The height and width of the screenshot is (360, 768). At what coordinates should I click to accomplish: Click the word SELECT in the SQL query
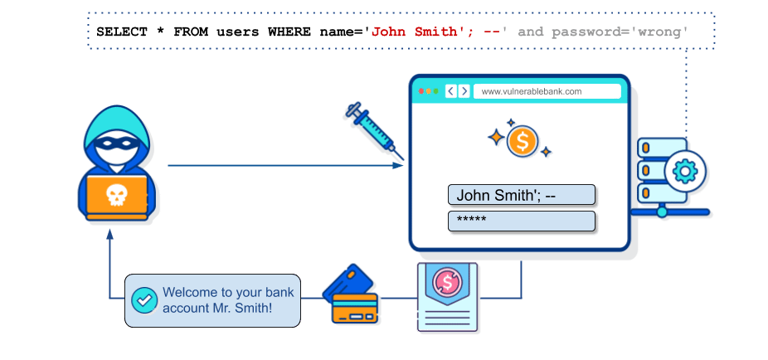121,32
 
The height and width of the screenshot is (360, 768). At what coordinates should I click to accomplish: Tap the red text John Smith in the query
414,32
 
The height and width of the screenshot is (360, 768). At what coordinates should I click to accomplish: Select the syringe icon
375,130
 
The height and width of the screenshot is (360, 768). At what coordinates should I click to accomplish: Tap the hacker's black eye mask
116,144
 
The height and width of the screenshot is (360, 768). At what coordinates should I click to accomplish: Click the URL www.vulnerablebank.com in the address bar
532,91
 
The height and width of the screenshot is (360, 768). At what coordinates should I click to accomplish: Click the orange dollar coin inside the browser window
523,142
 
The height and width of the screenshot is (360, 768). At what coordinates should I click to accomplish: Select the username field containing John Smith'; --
522,195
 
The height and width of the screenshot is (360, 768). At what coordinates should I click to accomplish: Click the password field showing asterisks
522,221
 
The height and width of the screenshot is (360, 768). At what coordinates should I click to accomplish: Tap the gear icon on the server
684,172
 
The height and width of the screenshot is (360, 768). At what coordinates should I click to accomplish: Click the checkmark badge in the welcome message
144,300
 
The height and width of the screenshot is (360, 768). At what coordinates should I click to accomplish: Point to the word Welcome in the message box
190,293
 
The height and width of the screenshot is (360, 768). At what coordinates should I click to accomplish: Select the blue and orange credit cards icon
350,294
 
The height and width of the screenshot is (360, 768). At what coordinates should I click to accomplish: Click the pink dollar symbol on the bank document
447,281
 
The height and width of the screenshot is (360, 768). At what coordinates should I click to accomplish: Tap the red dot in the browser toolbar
421,91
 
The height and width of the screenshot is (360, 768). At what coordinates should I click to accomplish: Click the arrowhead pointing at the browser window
398,166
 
